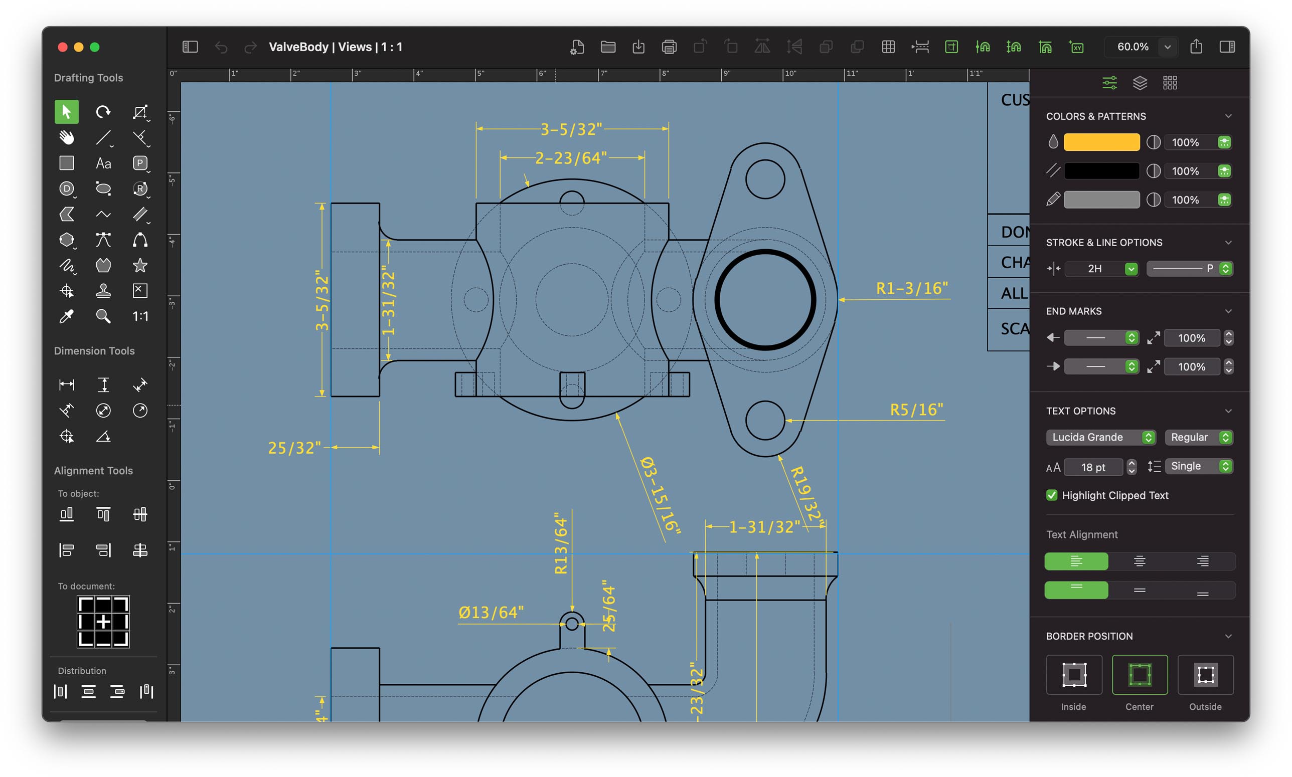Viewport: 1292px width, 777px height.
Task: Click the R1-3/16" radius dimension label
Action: coord(911,289)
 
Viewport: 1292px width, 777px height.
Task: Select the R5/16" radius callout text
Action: coord(916,410)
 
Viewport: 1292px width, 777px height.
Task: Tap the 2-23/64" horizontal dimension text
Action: coord(571,157)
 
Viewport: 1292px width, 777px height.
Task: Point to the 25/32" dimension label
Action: coord(294,448)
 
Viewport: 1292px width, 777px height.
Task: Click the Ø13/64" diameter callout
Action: coord(491,612)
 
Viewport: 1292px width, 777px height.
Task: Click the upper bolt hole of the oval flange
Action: coord(765,179)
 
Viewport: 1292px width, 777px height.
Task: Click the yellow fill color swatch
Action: coord(1101,142)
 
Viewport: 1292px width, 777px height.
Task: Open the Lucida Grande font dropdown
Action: coord(1100,437)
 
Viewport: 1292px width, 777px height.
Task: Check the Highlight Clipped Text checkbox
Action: coord(1051,495)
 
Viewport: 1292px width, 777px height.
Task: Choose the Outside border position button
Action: coord(1205,675)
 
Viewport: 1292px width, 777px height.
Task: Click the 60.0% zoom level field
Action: coord(1133,47)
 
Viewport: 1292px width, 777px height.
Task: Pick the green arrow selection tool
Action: coord(67,111)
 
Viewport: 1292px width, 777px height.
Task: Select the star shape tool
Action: coord(140,266)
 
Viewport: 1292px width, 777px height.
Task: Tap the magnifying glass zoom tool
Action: coord(103,316)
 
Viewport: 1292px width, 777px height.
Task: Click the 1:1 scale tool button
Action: coord(140,316)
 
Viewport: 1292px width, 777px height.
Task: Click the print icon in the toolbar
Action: coord(669,47)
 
